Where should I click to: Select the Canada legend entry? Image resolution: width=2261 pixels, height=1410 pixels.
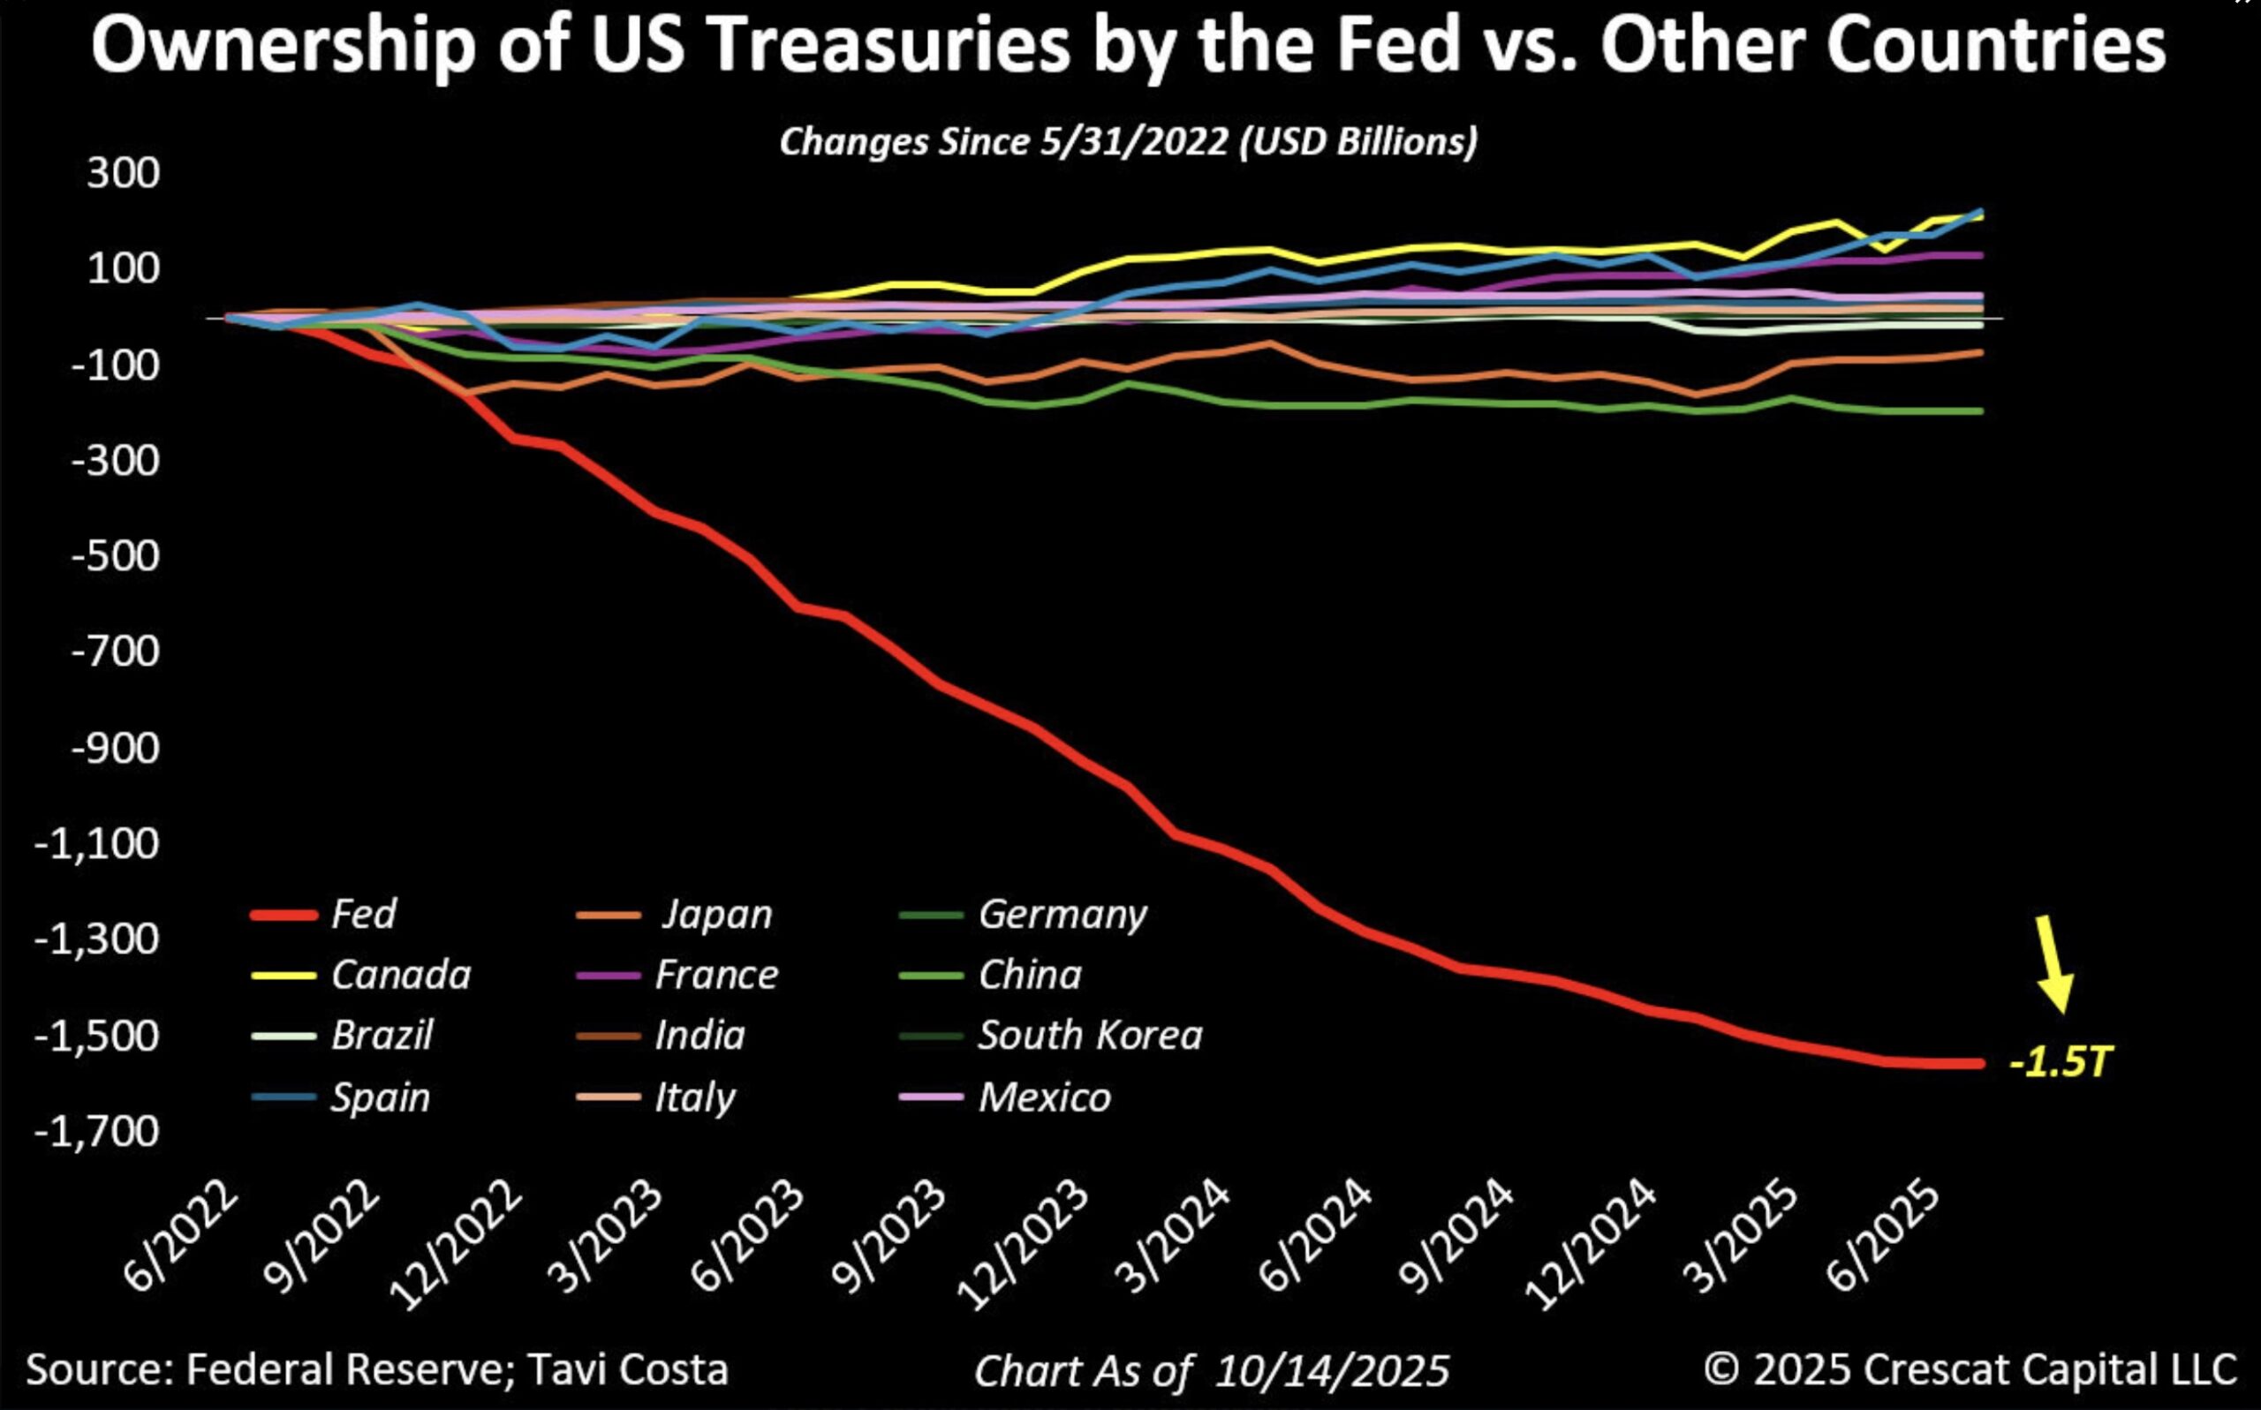point(400,976)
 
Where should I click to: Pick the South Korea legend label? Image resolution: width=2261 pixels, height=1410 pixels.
point(1090,1035)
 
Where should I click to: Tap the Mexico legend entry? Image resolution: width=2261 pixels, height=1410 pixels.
point(1044,1097)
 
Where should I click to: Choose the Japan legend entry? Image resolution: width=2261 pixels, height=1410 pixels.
point(716,914)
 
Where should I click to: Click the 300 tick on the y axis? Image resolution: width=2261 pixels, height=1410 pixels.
point(123,173)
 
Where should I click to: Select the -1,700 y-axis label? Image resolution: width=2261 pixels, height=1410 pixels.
point(97,1132)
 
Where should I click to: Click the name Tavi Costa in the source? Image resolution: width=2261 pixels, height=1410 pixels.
point(627,1369)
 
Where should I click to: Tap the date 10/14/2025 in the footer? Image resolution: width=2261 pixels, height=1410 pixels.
point(1332,1371)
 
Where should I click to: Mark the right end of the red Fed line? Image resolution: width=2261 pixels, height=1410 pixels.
point(1981,1063)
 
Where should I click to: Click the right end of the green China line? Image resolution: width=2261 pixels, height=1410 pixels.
point(1981,411)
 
